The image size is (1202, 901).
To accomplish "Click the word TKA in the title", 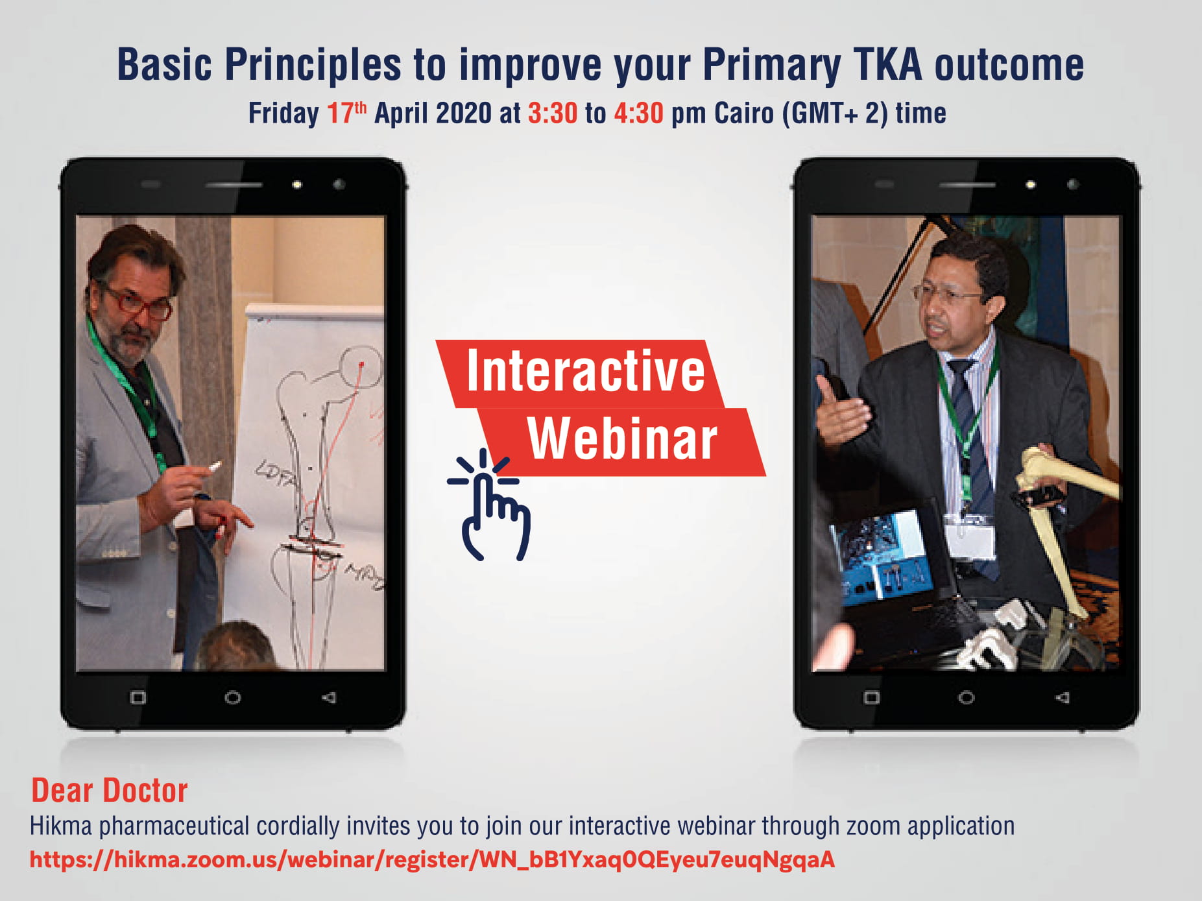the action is (x=887, y=65).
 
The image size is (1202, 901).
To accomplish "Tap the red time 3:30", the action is (x=553, y=114).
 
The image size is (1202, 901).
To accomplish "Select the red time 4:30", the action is (x=639, y=114).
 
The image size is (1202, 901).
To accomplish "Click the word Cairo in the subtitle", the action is (x=744, y=114).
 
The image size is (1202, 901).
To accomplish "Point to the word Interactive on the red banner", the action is (x=585, y=370).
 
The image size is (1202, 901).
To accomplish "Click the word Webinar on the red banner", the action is (x=622, y=439).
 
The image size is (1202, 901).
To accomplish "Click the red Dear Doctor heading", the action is (x=110, y=791).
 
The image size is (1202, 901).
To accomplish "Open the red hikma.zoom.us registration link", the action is (x=432, y=859).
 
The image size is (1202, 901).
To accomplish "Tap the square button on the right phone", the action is (x=872, y=698).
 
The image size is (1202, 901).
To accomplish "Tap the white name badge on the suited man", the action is (x=970, y=536).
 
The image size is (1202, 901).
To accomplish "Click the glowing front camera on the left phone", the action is (x=296, y=185).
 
